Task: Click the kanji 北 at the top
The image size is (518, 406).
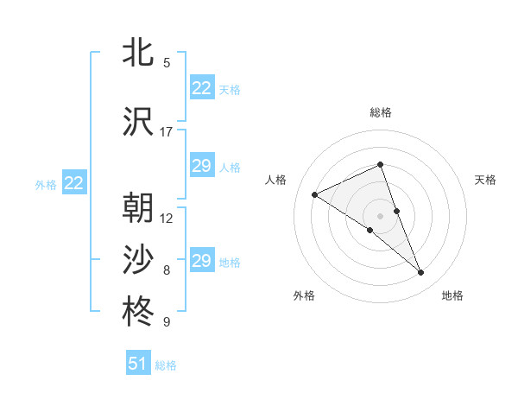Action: [140, 54]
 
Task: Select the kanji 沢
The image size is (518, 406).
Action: [140, 122]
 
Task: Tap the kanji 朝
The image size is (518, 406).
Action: [140, 208]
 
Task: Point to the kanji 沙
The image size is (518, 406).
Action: [140, 260]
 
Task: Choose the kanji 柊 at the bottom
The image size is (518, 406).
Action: [140, 312]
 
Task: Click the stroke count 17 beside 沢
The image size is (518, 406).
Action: [167, 132]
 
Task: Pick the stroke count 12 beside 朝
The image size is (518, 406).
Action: [167, 219]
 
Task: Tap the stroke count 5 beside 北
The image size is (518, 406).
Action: [167, 63]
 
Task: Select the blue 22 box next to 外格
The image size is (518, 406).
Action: [74, 182]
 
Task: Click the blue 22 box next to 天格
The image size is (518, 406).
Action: [202, 88]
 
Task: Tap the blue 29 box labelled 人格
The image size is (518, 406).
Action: [202, 166]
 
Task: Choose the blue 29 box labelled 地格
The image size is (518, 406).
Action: [202, 261]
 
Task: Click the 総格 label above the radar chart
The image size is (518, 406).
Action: [381, 112]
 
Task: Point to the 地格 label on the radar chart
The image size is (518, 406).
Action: [452, 295]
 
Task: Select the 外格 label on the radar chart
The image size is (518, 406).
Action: [304, 295]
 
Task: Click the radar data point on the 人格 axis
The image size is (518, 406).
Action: [315, 194]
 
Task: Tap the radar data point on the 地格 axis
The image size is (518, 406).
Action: [421, 273]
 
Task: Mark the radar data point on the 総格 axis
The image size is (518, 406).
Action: [381, 165]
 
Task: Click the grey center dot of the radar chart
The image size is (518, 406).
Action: [381, 215]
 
